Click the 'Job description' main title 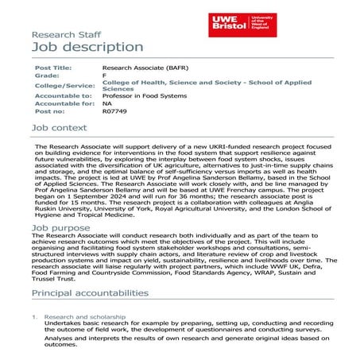[87, 47]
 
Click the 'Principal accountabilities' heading [90, 292]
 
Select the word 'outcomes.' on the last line [62, 345]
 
